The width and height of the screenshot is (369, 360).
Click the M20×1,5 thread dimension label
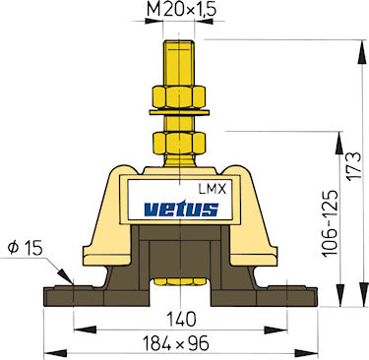[181, 10]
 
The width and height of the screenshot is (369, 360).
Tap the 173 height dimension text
[355, 165]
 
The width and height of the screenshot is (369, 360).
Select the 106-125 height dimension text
[330, 223]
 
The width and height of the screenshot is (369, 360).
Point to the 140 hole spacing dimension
[181, 319]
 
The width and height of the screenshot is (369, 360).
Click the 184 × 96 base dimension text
[176, 343]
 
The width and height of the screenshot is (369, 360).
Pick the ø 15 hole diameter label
[26, 249]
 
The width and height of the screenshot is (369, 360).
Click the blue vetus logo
[181, 210]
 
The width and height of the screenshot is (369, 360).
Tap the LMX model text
[213, 189]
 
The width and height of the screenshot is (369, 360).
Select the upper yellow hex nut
[179, 96]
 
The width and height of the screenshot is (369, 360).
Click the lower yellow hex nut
[179, 143]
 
